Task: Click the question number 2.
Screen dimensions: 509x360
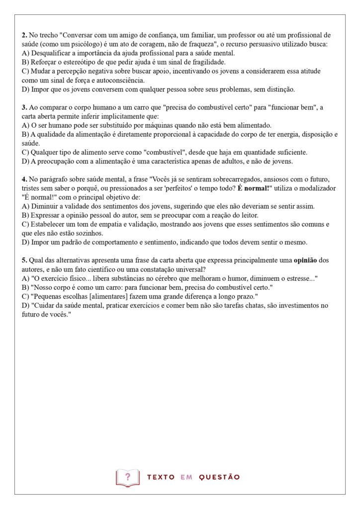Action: [24, 35]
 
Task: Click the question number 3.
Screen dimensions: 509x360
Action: [24, 107]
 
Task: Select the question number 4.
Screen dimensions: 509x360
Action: [24, 178]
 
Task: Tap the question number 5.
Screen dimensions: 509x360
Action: [24, 260]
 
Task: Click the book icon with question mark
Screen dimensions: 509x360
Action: [128, 477]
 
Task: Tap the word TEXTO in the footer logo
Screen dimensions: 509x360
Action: [161, 477]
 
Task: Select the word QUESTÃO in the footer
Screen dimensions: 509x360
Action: [219, 477]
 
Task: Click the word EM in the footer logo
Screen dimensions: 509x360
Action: [186, 477]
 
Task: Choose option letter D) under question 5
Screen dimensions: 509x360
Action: [26, 306]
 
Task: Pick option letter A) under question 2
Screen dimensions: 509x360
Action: [26, 53]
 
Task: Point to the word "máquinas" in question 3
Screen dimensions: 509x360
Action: [160, 125]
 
